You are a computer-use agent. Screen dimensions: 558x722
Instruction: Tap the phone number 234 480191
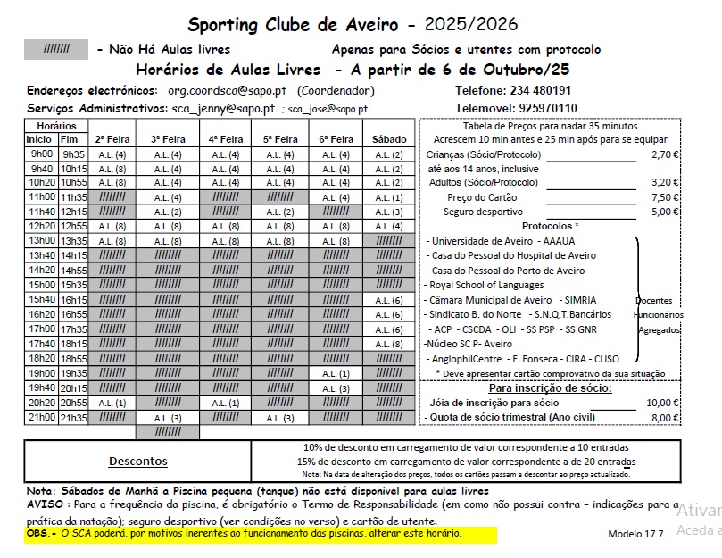click(540, 91)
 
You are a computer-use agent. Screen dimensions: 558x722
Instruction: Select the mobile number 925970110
click(548, 108)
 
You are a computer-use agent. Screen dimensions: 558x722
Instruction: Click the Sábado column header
click(389, 139)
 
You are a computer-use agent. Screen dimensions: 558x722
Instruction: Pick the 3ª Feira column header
click(167, 139)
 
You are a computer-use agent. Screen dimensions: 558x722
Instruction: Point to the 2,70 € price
click(665, 154)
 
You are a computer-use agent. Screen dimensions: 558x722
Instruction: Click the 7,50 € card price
click(665, 197)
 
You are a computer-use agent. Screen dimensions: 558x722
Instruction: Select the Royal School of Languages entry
click(486, 286)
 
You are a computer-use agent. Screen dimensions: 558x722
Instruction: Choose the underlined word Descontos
click(137, 462)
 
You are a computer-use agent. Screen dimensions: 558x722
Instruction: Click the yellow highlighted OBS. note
click(245, 533)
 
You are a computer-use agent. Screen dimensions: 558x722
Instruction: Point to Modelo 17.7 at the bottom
click(635, 534)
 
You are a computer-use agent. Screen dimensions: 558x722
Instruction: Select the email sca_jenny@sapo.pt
click(223, 109)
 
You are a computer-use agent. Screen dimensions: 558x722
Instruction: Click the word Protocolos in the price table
click(550, 227)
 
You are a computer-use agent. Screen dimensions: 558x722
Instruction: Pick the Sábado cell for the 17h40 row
click(389, 344)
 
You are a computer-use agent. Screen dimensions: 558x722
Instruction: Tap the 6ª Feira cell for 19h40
click(335, 388)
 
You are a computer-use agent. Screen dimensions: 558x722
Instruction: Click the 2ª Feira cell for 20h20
click(112, 403)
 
